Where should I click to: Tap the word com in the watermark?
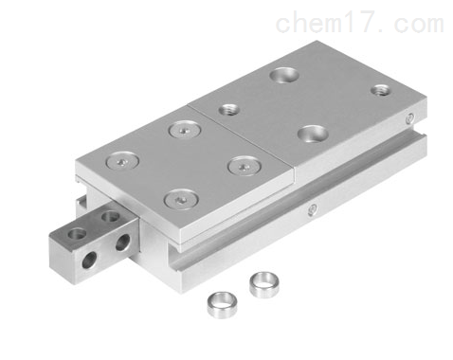(x=419, y=25)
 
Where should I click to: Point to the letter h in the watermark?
(x=301, y=22)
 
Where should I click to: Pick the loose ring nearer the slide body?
(x=264, y=284)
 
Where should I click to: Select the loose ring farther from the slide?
(x=222, y=305)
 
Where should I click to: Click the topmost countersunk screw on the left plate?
(x=185, y=130)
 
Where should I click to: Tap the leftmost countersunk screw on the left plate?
(x=122, y=161)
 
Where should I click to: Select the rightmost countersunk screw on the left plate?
(x=245, y=166)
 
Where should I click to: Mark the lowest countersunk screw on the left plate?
(x=181, y=199)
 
